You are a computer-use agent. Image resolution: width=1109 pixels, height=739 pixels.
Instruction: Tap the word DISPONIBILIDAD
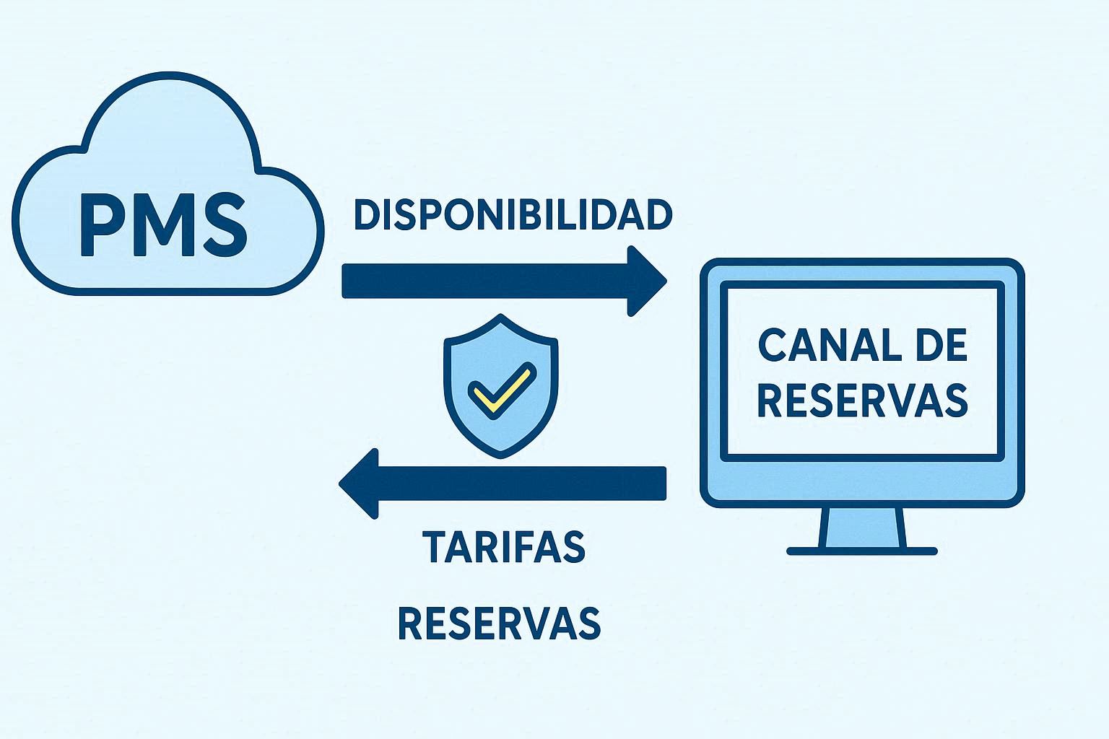click(513, 215)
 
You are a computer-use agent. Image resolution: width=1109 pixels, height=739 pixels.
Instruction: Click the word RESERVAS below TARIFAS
click(499, 623)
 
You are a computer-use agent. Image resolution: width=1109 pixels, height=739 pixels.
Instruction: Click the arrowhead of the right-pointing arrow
click(645, 281)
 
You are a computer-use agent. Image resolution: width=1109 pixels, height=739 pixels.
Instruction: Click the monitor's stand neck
click(862, 527)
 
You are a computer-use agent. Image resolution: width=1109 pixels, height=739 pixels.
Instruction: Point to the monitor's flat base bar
click(862, 551)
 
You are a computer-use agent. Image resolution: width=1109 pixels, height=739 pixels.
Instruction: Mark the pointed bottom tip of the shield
click(501, 456)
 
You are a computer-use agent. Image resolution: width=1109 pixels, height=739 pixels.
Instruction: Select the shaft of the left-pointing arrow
click(520, 483)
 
